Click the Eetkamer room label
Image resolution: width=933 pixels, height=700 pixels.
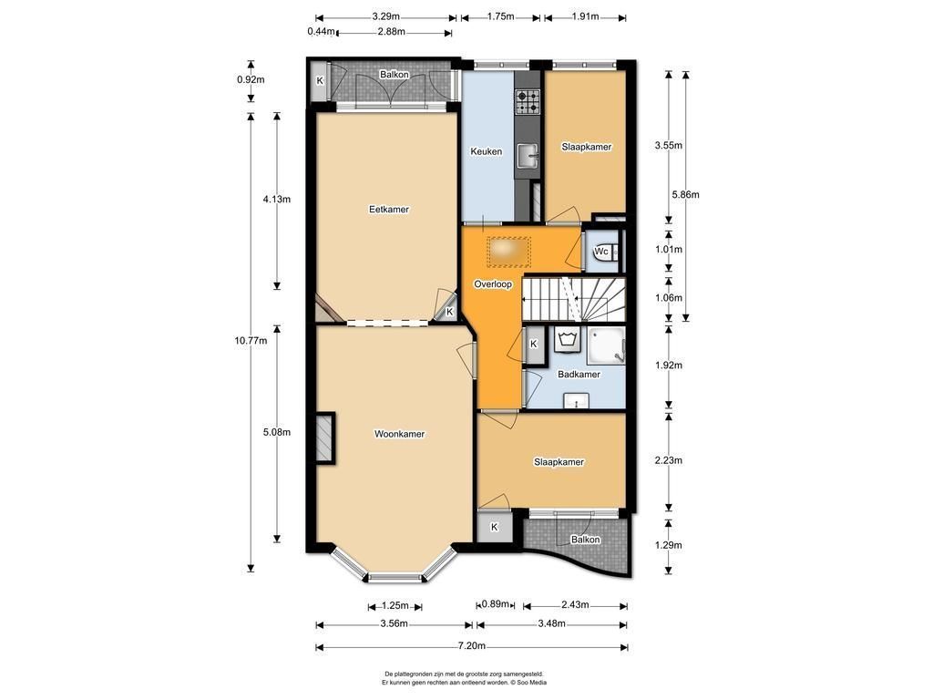click(388, 210)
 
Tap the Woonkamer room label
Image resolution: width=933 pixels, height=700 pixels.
click(399, 434)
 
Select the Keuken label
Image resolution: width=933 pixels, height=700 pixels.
click(487, 152)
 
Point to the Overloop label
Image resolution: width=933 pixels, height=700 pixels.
click(493, 284)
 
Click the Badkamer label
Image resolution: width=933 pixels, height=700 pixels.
click(579, 375)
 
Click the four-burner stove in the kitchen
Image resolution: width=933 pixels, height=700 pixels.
click(528, 102)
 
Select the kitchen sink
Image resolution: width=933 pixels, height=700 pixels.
click(528, 156)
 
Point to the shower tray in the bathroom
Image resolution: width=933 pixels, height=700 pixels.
click(606, 345)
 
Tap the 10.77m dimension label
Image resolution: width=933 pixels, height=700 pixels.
click(251, 341)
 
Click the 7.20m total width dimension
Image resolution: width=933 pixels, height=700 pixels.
click(471, 646)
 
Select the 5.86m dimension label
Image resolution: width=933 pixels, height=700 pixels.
click(685, 194)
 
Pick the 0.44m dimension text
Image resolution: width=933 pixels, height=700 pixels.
click(321, 32)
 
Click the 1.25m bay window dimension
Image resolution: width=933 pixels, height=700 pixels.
click(395, 606)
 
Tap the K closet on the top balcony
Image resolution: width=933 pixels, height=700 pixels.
click(320, 81)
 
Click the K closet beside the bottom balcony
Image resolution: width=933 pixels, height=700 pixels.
click(494, 527)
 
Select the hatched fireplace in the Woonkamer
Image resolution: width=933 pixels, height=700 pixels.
click(323, 438)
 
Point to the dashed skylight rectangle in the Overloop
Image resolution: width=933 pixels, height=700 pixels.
click(508, 252)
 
